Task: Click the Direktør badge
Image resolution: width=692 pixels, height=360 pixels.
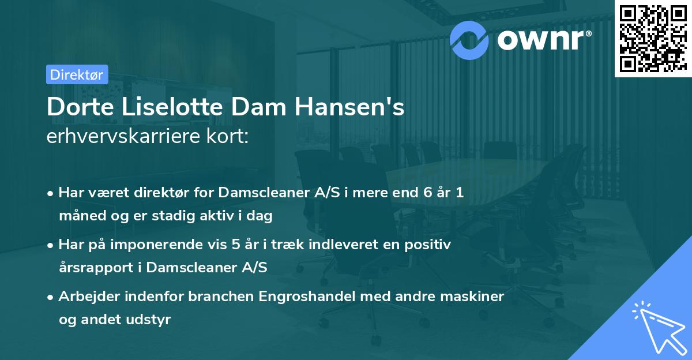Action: [77, 74]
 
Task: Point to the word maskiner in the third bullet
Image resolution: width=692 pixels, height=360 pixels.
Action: [476, 297]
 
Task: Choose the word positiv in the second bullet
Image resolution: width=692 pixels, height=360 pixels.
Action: [430, 245]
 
